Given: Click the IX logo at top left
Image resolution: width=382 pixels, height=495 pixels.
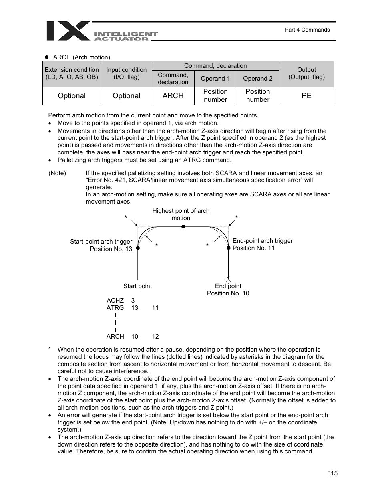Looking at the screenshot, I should [x=68, y=31].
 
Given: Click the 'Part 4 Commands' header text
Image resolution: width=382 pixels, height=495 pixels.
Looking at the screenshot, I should [x=307, y=30].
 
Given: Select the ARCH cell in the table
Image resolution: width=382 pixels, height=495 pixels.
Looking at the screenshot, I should [x=173, y=96].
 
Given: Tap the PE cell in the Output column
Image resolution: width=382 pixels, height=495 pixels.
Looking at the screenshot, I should [x=306, y=96].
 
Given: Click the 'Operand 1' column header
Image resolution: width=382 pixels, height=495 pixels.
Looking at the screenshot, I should [x=215, y=79].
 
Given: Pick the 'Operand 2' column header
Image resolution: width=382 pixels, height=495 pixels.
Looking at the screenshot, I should [x=258, y=79].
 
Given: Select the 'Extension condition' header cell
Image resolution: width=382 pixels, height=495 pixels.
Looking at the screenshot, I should [x=72, y=73].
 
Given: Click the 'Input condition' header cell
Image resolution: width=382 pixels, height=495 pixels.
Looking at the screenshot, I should [x=127, y=73].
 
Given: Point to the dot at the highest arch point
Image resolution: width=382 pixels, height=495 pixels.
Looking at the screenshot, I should [x=183, y=227].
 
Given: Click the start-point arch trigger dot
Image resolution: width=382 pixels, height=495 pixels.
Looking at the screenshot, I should [x=138, y=248].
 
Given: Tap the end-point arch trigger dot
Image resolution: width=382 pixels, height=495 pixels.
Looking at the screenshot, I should [x=229, y=248].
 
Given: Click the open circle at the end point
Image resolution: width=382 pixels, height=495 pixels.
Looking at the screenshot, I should [x=229, y=282].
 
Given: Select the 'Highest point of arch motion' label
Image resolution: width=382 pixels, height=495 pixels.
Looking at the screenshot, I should [x=181, y=214].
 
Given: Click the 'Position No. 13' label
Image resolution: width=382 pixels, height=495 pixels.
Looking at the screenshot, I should [x=111, y=249].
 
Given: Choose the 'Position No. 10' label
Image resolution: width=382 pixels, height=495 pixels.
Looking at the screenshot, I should [x=228, y=293].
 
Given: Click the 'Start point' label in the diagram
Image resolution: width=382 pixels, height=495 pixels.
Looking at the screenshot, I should [x=137, y=286].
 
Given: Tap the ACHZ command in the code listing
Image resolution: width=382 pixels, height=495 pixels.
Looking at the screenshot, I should [x=115, y=301].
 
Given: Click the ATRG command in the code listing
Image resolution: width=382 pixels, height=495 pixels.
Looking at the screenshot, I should [x=115, y=308].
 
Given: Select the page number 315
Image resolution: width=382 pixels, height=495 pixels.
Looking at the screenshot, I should [x=332, y=473].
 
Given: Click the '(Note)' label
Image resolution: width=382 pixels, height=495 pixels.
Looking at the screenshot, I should [x=57, y=173].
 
